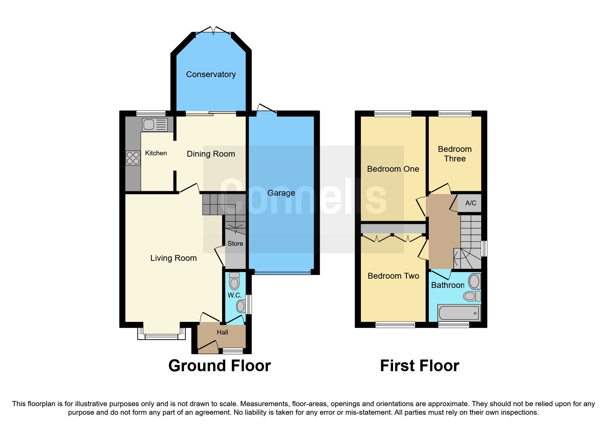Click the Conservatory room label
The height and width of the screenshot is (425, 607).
(x=211, y=74)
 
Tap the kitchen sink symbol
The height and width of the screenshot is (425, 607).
(x=155, y=124)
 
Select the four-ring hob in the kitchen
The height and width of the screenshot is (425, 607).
(x=133, y=158)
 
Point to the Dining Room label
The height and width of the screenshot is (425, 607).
(x=211, y=154)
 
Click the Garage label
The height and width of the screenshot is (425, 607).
(x=281, y=193)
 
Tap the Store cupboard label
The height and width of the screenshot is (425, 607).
(x=235, y=243)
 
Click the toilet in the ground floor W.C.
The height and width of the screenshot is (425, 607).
(x=234, y=281)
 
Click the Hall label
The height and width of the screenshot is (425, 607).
(x=222, y=332)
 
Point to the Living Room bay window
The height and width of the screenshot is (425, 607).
(x=161, y=336)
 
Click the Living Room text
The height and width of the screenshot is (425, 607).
(x=173, y=258)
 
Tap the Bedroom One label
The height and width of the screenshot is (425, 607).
(x=393, y=169)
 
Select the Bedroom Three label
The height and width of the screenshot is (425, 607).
(x=455, y=154)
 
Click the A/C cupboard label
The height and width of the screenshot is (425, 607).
(x=471, y=203)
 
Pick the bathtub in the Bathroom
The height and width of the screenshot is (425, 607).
(x=459, y=313)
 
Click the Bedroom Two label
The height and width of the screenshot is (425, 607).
(x=393, y=276)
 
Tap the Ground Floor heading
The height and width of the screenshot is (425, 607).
(x=219, y=366)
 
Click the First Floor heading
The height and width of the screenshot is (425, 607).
(x=420, y=366)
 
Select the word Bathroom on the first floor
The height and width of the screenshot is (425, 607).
(x=447, y=285)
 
